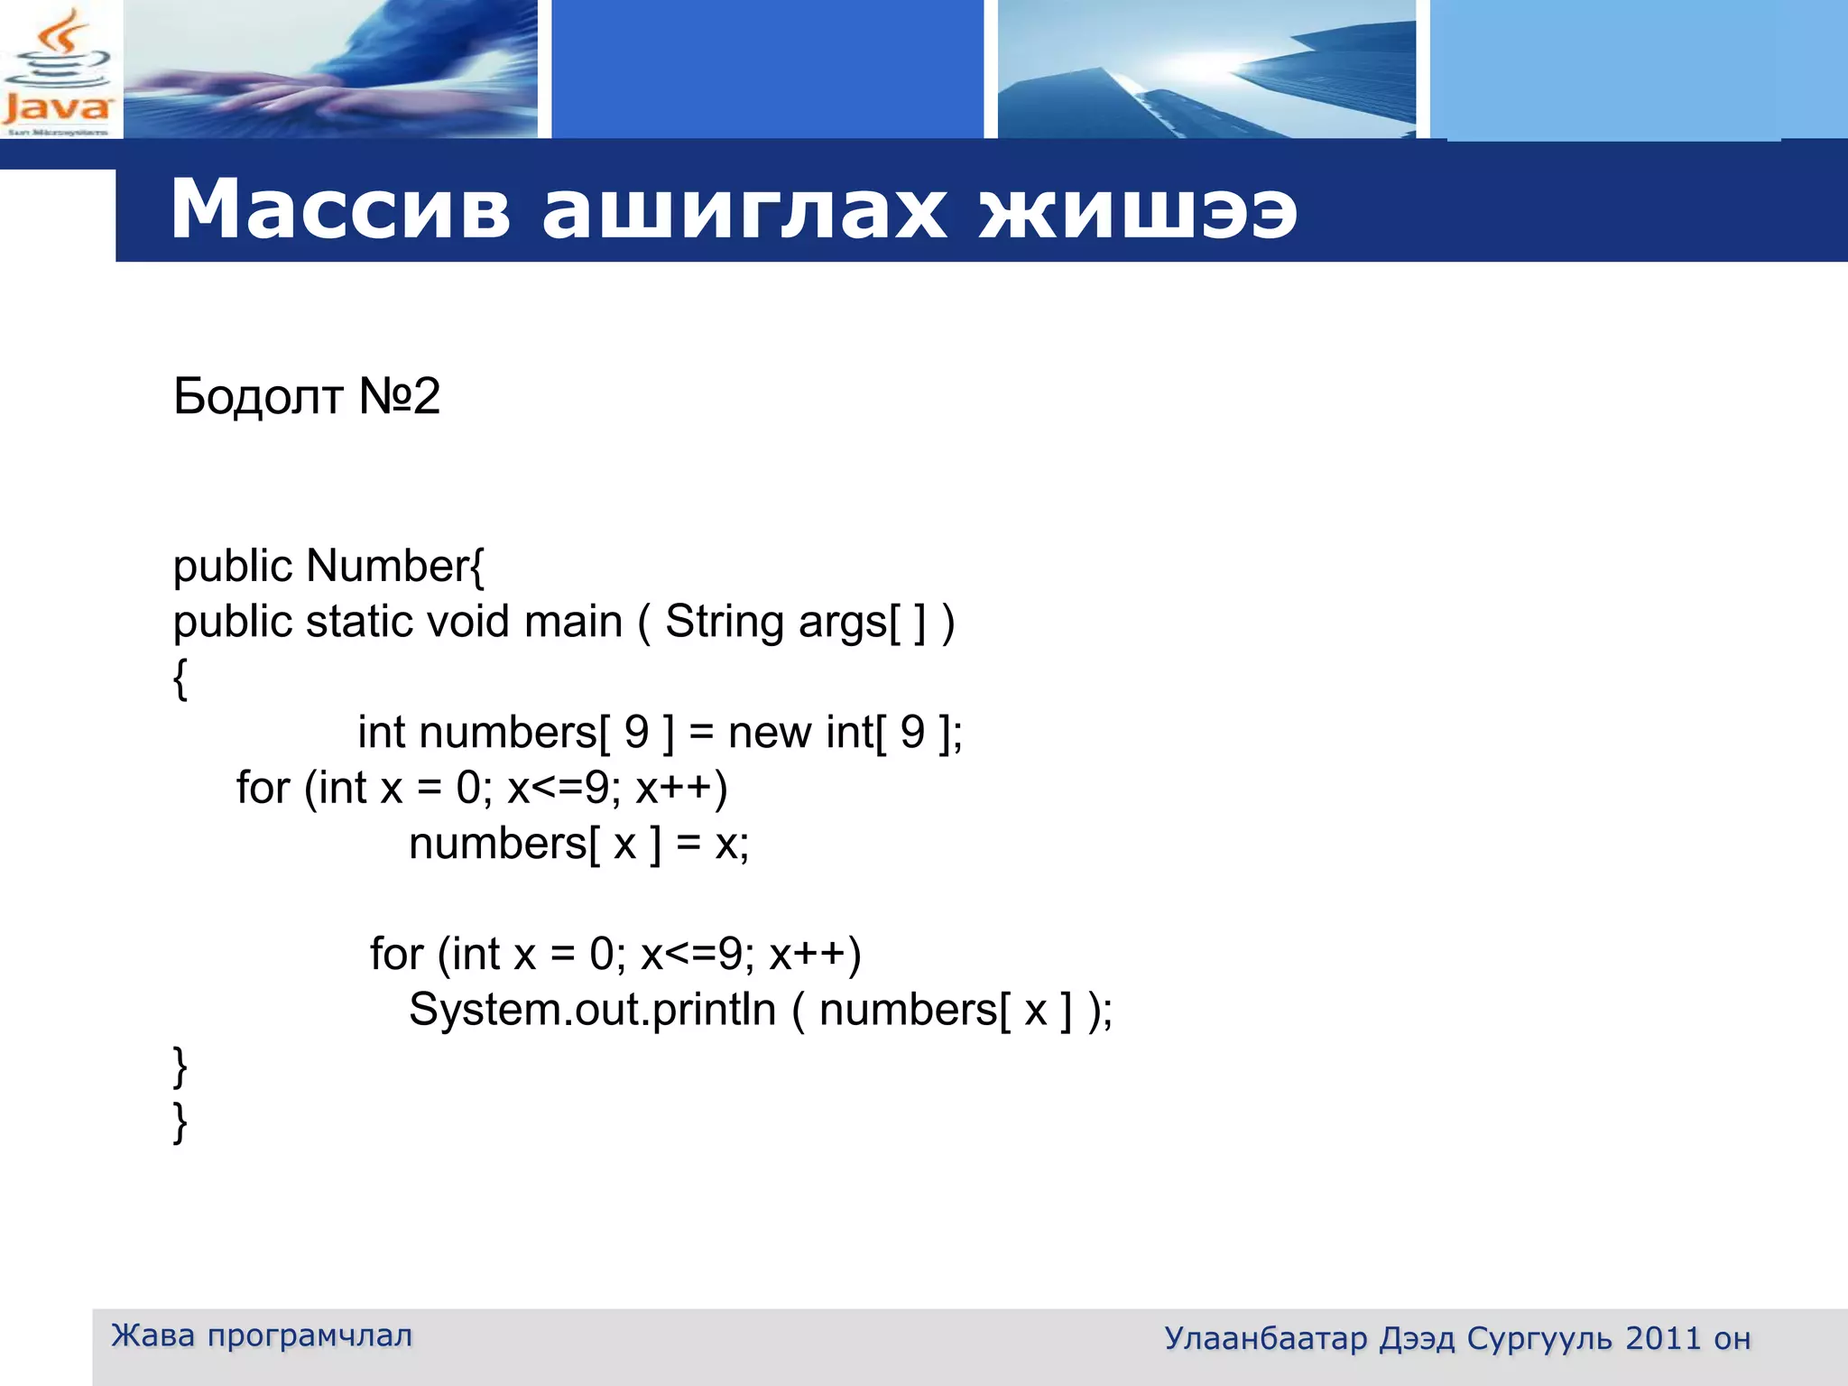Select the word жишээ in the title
pos(1138,209)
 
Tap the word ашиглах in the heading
pos(744,209)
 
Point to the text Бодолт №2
pos(306,396)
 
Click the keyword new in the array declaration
pos(769,732)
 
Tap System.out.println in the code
pos(592,1010)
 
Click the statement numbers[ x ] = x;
pos(578,845)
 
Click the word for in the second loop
pos(396,954)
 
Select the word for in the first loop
pos(263,788)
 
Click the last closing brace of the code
pos(180,1123)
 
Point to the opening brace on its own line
pos(180,678)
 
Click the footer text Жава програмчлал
pos(262,1335)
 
